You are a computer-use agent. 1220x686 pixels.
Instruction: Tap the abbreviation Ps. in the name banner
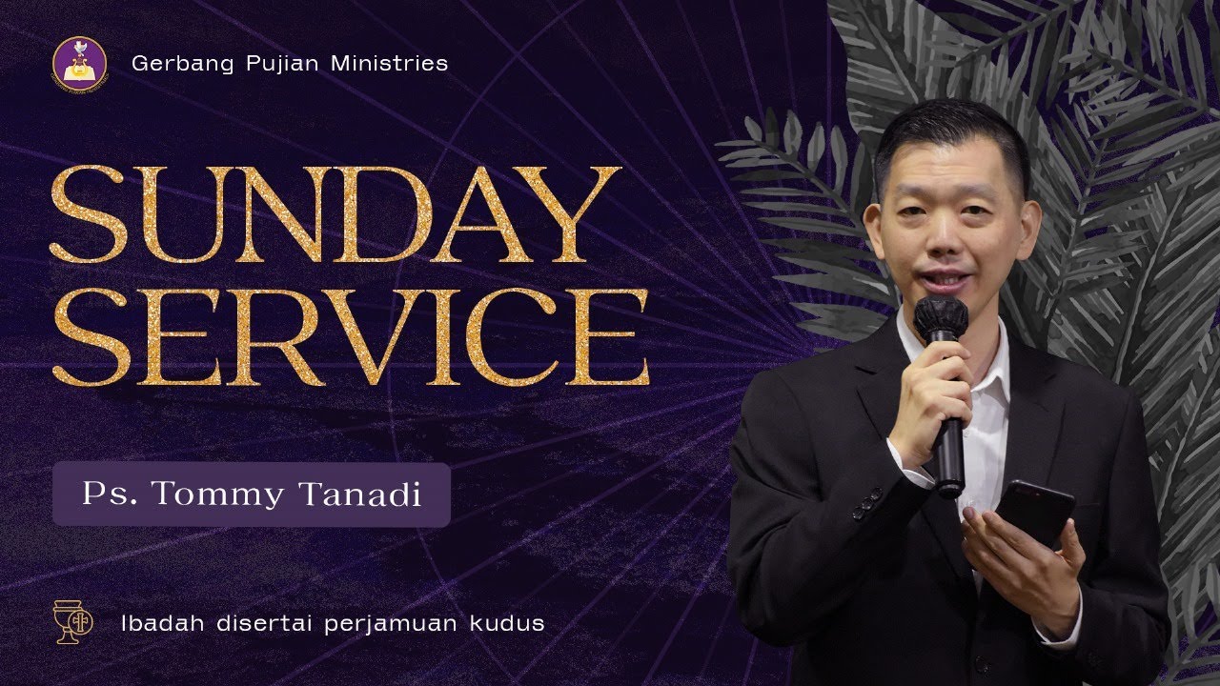[104, 495]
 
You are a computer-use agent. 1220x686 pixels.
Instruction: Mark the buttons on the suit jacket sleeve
[866, 502]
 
